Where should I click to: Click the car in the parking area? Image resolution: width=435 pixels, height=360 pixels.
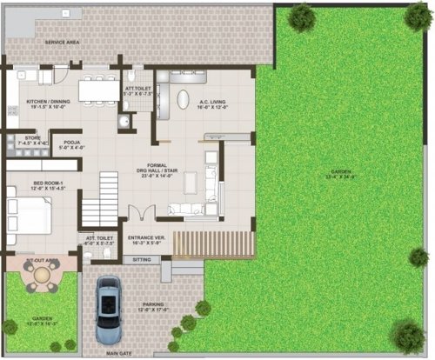coord(108,310)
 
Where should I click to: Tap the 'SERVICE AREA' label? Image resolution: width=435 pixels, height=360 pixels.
coord(63,43)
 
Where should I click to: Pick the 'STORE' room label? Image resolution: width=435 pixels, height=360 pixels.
coord(32,137)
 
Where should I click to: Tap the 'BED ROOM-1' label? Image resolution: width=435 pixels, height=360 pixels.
coord(31,183)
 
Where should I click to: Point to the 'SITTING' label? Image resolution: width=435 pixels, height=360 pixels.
coord(143,259)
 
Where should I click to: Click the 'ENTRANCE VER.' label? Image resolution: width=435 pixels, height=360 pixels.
coord(146,237)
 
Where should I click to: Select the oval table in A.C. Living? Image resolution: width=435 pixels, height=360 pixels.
coord(182,99)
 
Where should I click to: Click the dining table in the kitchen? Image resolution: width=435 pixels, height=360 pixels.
coord(98,89)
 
